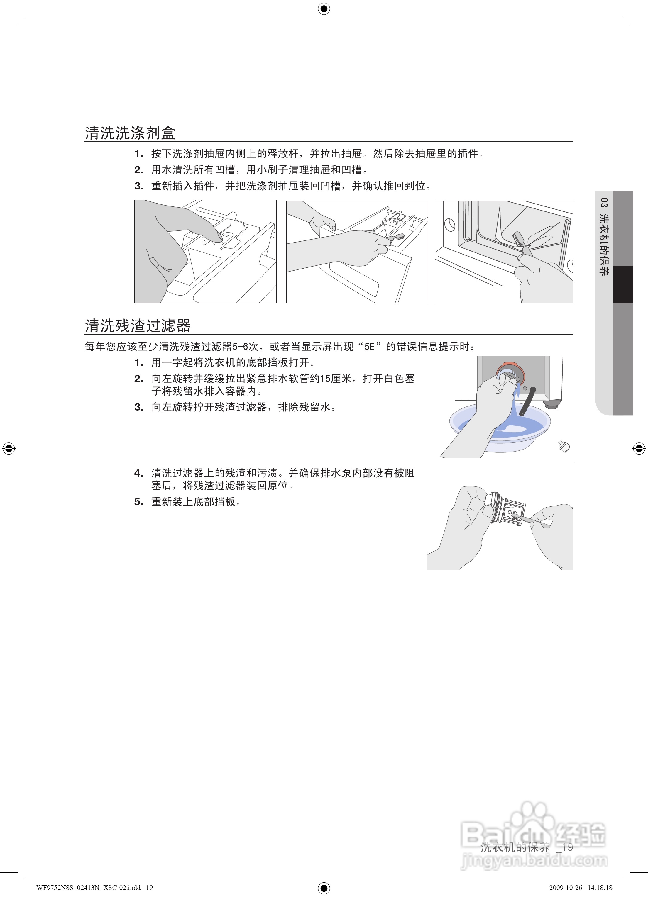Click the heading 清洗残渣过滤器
tap(138, 325)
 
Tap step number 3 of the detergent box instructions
tap(138, 186)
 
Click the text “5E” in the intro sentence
tap(369, 347)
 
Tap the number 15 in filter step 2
tap(326, 379)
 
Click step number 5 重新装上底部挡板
tap(138, 502)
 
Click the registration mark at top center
tap(324, 8)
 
